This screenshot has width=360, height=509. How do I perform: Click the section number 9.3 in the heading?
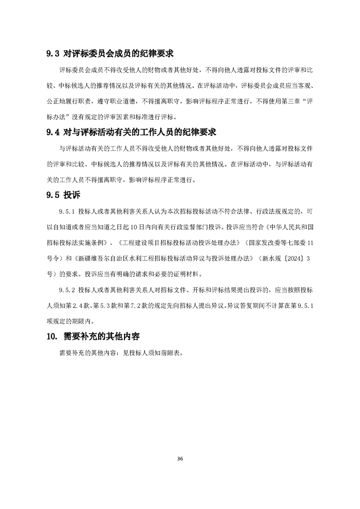click(53, 54)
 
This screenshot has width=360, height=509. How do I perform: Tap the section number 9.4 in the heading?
click(53, 132)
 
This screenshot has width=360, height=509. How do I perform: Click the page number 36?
click(180, 459)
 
